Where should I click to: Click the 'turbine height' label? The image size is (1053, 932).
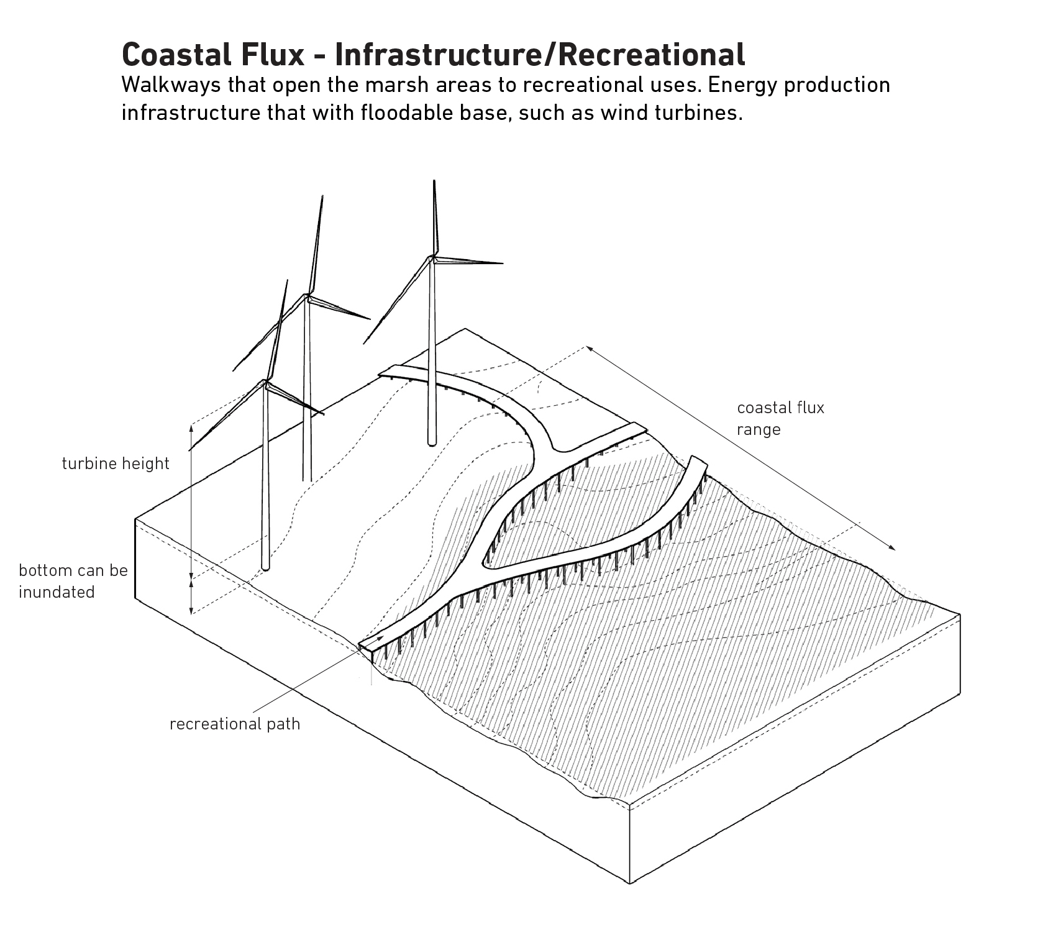116,464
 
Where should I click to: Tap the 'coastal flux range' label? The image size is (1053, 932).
780,418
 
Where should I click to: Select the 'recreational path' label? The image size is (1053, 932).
235,724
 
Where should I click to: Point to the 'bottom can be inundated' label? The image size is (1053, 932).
73,581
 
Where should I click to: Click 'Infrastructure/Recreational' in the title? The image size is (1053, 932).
539,55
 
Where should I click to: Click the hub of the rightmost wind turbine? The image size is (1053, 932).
433,258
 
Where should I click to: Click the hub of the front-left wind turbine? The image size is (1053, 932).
266,381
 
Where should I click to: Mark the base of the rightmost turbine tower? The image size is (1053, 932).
432,442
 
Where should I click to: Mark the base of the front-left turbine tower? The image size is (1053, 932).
266,566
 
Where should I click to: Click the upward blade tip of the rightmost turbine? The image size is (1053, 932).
433,181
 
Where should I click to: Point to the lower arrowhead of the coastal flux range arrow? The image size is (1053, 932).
894,549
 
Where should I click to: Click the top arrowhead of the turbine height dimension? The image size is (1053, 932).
192,426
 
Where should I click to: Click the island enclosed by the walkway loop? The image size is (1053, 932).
547,528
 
